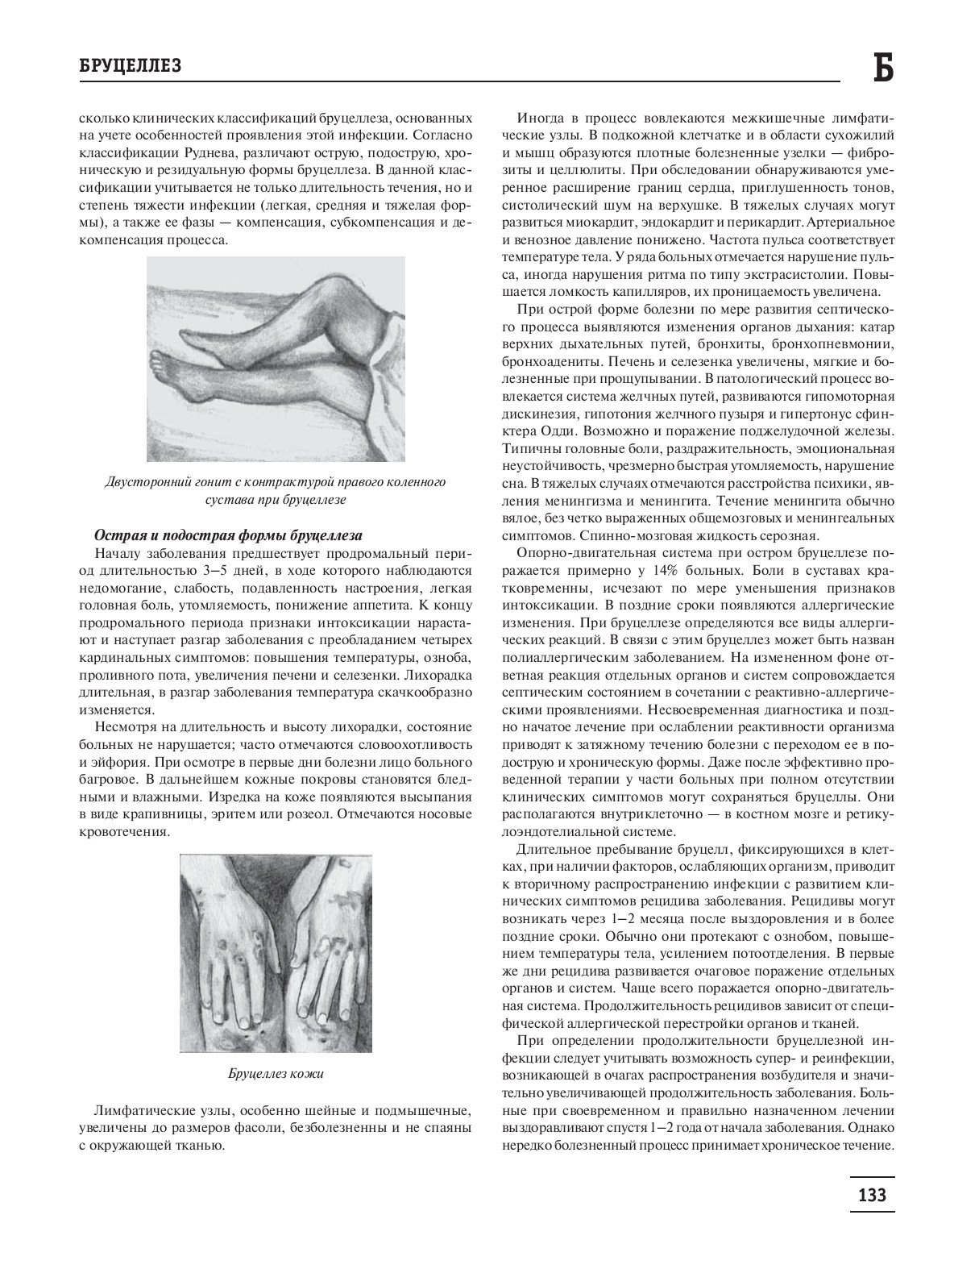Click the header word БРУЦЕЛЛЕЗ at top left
(x=130, y=66)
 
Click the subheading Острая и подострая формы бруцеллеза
(x=228, y=535)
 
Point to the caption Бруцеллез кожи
(x=276, y=1074)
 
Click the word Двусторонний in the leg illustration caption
(x=146, y=482)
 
